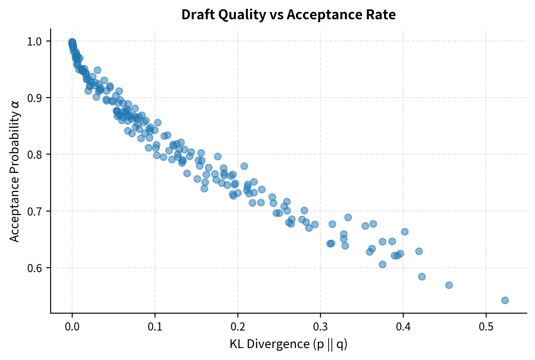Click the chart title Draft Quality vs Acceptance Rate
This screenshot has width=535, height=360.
[288, 15]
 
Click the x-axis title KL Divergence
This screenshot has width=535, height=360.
[288, 344]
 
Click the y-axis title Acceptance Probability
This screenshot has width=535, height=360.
[15, 172]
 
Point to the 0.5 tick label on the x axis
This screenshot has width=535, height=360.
[486, 326]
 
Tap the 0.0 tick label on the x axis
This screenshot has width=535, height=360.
[72, 326]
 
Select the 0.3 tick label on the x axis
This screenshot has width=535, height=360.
[320, 326]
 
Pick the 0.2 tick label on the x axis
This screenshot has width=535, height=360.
[238, 326]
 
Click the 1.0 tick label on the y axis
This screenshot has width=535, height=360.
[35, 41]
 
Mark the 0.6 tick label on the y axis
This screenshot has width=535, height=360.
[35, 268]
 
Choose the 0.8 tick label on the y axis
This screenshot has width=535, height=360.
[35, 154]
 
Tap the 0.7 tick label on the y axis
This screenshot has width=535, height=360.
[35, 211]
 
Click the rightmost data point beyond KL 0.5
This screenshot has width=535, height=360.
[505, 300]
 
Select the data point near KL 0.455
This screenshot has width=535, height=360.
[449, 285]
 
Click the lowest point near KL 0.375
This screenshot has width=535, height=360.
[382, 264]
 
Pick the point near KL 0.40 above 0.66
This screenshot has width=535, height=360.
[405, 232]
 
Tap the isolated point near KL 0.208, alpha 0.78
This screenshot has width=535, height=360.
[244, 166]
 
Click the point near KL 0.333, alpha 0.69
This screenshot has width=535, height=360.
[348, 217]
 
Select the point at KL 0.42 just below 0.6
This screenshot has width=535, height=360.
[422, 277]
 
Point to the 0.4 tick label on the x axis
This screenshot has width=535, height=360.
[403, 326]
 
